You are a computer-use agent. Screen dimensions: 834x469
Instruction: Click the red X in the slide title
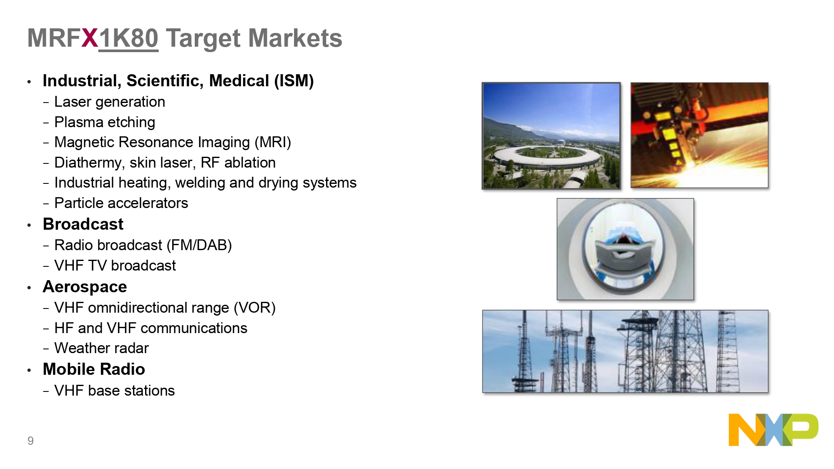(x=90, y=38)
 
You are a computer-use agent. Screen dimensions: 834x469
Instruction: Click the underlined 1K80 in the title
(x=128, y=38)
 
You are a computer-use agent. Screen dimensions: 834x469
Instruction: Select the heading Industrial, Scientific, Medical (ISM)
(x=178, y=81)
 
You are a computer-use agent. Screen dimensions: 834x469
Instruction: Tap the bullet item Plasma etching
(x=105, y=122)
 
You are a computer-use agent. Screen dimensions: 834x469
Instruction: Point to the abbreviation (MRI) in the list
(x=273, y=143)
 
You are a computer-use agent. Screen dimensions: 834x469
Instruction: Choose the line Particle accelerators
(x=121, y=203)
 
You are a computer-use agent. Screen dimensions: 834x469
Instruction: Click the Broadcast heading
(x=83, y=224)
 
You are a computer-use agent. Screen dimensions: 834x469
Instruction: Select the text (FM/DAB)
(x=199, y=245)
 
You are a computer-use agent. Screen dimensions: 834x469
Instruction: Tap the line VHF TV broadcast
(x=115, y=266)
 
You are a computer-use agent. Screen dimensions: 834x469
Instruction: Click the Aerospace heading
(x=85, y=287)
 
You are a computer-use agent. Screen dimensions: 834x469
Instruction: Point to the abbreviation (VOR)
(x=254, y=308)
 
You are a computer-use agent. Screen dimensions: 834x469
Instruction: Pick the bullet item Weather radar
(x=101, y=348)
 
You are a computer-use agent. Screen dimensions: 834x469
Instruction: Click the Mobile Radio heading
(x=94, y=369)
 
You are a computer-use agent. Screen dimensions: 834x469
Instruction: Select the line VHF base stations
(x=115, y=391)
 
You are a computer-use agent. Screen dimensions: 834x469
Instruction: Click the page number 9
(x=30, y=441)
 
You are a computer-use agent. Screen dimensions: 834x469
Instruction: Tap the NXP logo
(x=773, y=430)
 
